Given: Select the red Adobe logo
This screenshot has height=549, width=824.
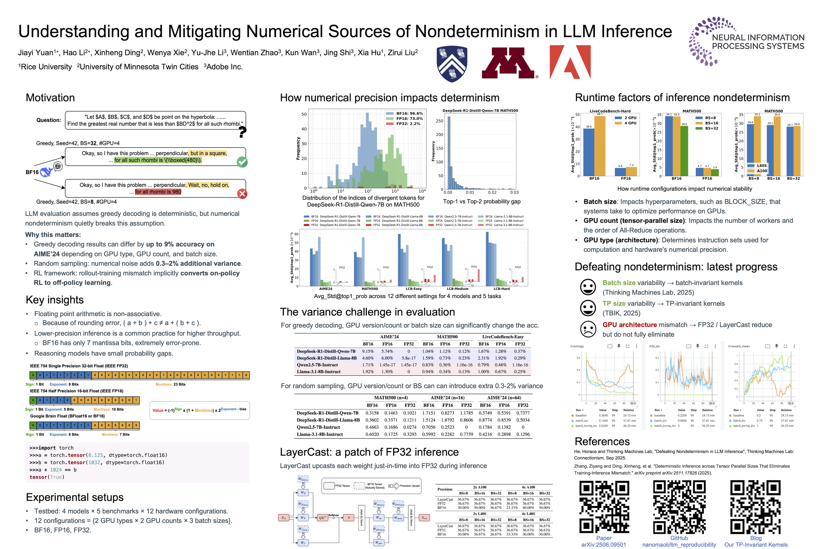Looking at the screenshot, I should click(570, 62).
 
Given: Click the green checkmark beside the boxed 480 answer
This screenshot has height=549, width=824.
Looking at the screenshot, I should click(242, 162).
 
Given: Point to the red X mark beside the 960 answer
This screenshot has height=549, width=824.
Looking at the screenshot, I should click(242, 194).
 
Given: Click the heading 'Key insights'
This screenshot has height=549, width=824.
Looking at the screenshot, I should click(55, 300).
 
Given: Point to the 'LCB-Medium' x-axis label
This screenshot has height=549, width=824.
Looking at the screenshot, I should click(458, 289).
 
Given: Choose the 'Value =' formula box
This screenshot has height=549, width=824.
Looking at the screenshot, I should click(199, 410).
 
